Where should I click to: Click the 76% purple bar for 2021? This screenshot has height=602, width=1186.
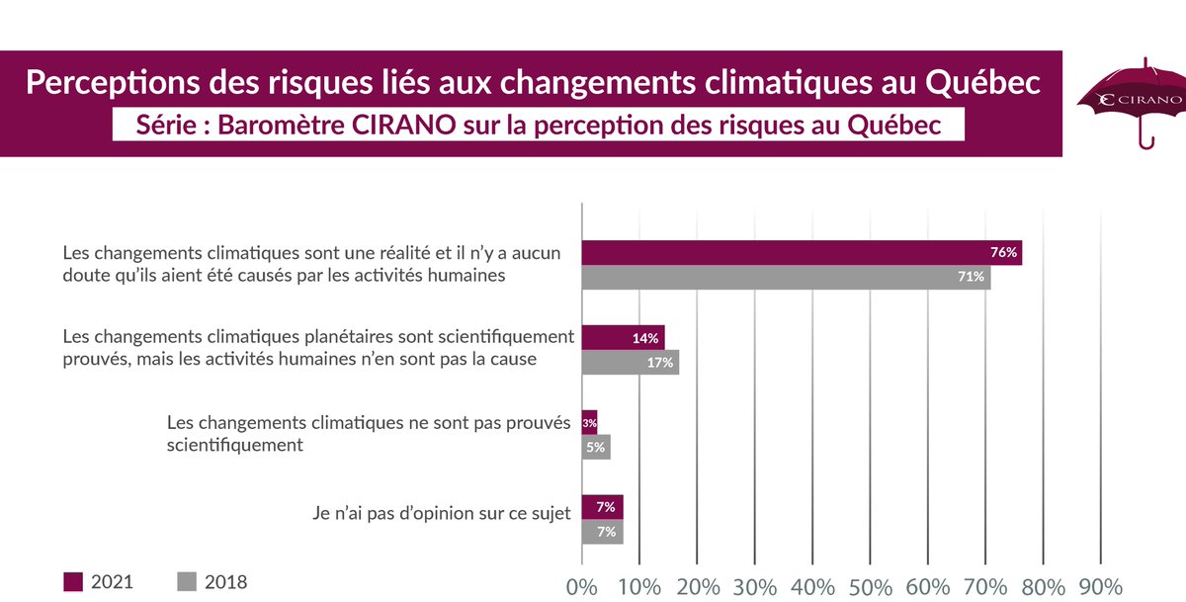pos(801,253)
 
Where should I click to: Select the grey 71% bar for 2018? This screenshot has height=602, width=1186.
pos(785,278)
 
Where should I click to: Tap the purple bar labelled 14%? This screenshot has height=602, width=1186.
pos(623,338)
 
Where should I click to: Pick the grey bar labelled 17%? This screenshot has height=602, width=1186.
pos(630,363)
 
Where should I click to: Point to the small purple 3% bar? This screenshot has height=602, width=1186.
pos(589,423)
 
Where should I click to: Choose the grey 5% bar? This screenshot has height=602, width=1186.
pos(596,448)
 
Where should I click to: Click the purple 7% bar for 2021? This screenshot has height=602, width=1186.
pos(602,507)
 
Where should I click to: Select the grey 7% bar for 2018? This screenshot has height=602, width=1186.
pos(602,532)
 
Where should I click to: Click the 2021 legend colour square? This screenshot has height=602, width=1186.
pos(73,581)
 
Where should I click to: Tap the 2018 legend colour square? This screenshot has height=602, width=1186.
pos(186,581)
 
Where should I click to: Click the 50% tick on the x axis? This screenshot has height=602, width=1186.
pos(871,585)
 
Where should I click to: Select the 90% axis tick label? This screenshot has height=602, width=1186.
pos(1101,585)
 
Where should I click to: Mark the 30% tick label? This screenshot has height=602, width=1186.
pos(755,585)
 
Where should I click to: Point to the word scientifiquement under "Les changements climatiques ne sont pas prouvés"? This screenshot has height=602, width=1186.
pos(234,445)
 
